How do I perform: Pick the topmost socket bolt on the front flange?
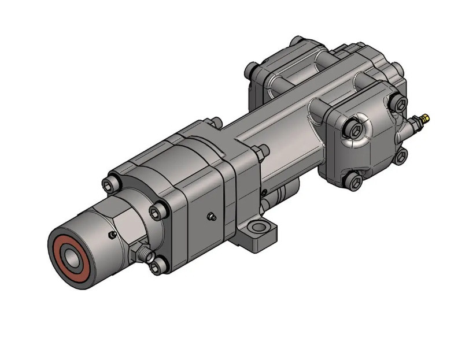(109, 184)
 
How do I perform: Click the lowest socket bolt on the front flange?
(157, 266)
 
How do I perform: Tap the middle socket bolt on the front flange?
(157, 212)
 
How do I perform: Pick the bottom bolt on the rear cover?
(354, 183)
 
